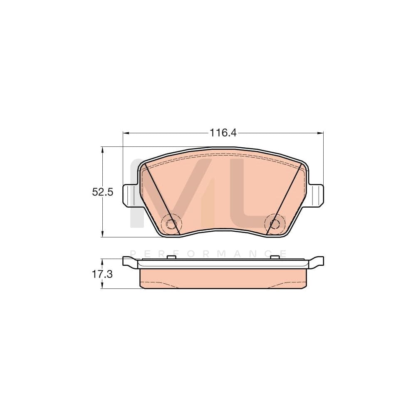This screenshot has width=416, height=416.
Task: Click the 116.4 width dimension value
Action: pos(223,133)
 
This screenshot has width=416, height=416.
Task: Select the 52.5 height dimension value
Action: pos(102,192)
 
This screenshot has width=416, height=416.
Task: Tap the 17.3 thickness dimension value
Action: pos(102,274)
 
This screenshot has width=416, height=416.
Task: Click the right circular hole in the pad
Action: pos(275,224)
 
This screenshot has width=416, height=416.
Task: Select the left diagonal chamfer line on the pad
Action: pos(163,200)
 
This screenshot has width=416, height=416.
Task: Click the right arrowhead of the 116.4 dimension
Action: pos(321,133)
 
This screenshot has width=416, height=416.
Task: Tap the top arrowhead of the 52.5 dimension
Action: pos(102,149)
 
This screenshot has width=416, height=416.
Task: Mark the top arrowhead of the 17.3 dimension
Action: pos(102,260)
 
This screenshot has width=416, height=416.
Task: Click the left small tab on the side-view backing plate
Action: pos(170,257)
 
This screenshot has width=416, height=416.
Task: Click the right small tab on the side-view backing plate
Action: pos(274,257)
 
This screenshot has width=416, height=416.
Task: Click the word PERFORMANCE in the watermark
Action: pos(208,253)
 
